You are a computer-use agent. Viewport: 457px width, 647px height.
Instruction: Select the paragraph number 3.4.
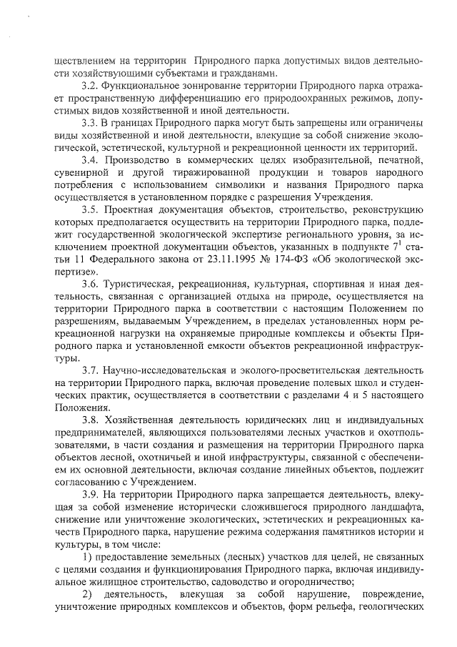[x=92, y=159]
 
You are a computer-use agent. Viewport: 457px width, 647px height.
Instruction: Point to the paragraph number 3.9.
[x=92, y=495]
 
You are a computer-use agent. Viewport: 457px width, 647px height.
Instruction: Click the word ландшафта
[x=398, y=508]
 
